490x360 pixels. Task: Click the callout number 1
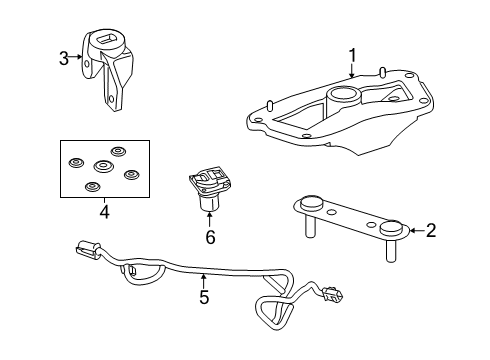click(x=351, y=56)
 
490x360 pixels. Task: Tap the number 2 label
click(x=431, y=231)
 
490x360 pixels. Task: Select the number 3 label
click(x=64, y=58)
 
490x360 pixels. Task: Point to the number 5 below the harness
click(x=204, y=297)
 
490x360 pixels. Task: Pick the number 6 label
click(x=210, y=237)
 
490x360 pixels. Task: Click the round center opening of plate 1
click(x=344, y=98)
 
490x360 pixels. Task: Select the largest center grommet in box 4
click(x=101, y=166)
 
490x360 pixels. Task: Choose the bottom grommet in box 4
click(x=93, y=187)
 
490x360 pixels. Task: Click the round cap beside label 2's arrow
click(x=391, y=230)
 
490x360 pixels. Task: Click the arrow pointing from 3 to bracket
click(x=79, y=58)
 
